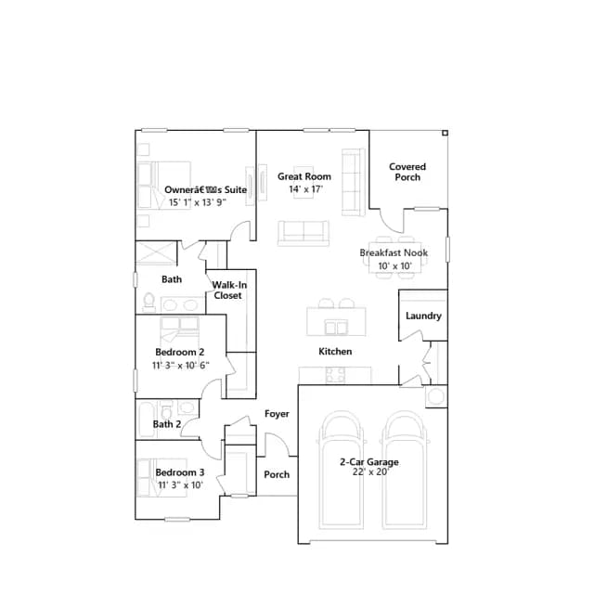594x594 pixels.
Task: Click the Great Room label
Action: pyautogui.click(x=304, y=176)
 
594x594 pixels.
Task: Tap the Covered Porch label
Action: pyautogui.click(x=407, y=172)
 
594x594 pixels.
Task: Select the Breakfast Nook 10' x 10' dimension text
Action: pyautogui.click(x=394, y=266)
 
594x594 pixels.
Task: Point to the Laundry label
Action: pyautogui.click(x=423, y=316)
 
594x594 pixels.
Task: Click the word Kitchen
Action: pyautogui.click(x=335, y=352)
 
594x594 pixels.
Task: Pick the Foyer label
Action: pyautogui.click(x=277, y=414)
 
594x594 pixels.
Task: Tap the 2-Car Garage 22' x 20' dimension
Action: pyautogui.click(x=370, y=472)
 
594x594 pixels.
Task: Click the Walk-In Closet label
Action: pyautogui.click(x=229, y=291)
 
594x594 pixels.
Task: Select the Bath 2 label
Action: pyautogui.click(x=167, y=424)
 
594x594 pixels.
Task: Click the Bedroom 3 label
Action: pyautogui.click(x=180, y=472)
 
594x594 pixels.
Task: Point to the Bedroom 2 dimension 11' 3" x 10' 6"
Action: pyautogui.click(x=181, y=365)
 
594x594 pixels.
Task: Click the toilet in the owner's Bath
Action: pyautogui.click(x=148, y=302)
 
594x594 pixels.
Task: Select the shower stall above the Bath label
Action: pyautogui.click(x=156, y=252)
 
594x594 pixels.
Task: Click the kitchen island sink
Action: pyautogui.click(x=336, y=328)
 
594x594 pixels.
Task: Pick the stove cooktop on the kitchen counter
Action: pyautogui.click(x=335, y=375)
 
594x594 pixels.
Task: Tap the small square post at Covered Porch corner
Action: pyautogui.click(x=445, y=133)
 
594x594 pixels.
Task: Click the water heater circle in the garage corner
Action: pyautogui.click(x=436, y=396)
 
